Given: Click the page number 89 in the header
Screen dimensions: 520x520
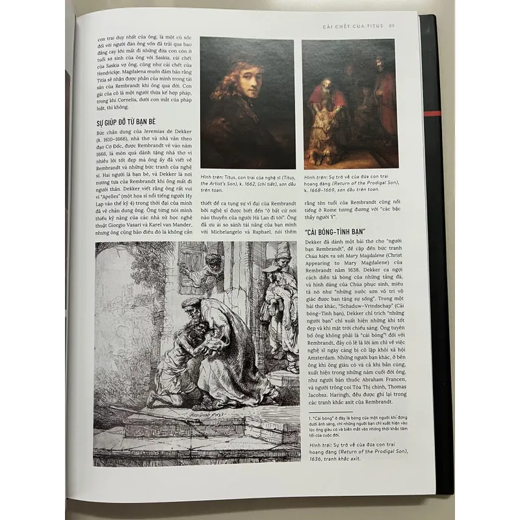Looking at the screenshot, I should point(392,26).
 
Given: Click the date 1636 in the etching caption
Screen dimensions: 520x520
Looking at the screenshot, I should point(314,452).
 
